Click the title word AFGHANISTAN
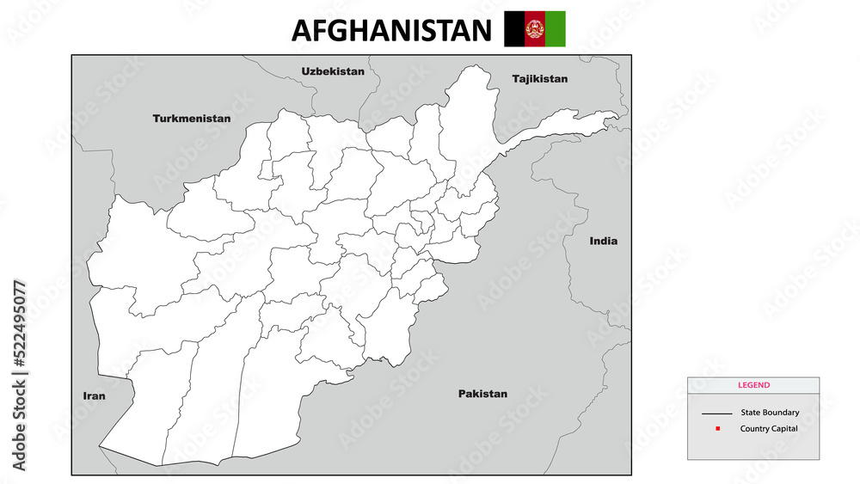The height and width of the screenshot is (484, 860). tap(391, 30)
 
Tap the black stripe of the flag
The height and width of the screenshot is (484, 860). tap(513, 28)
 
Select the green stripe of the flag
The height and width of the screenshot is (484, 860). tap(556, 28)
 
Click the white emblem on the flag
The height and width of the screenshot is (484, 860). tap(535, 29)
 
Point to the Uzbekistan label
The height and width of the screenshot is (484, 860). tap(333, 71)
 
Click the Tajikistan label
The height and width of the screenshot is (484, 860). tap(540, 78)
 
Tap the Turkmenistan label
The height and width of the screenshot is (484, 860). tap(192, 118)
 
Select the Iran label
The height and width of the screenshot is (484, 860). tap(94, 396)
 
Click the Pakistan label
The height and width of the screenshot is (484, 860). tap(482, 394)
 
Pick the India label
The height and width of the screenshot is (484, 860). tap(603, 241)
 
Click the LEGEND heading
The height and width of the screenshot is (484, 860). tap(753, 385)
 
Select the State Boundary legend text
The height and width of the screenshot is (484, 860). tap(770, 413)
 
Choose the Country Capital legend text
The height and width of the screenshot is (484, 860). tap(769, 428)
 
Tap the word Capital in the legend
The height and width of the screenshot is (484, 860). tap(783, 428)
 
